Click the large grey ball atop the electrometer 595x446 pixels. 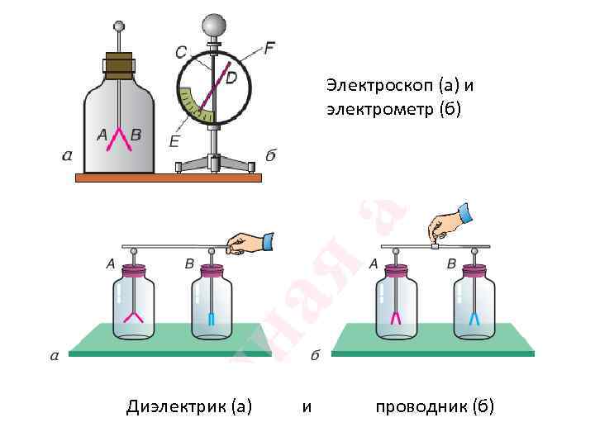point(215,22)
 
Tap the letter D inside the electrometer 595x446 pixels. point(231,78)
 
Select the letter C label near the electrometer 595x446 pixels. point(181,51)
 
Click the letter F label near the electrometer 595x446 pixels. point(269,47)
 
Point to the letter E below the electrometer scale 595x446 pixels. point(174,141)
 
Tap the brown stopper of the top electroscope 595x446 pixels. point(119,65)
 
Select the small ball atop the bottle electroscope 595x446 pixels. point(120,27)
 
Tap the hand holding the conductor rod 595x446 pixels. point(446,222)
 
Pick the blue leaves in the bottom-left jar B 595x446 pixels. point(212,320)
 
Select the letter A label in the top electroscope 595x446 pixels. point(102,135)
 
